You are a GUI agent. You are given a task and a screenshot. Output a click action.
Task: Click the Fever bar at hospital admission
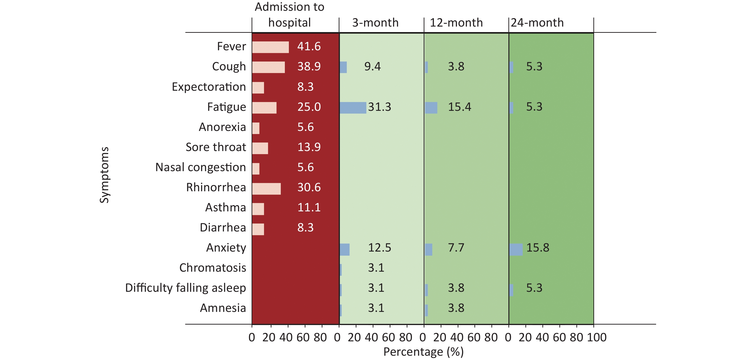click(x=270, y=47)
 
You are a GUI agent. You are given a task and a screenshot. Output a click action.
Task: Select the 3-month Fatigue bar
click(x=353, y=108)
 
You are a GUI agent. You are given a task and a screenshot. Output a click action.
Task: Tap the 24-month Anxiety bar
click(x=516, y=249)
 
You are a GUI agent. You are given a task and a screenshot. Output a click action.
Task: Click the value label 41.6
click(x=309, y=46)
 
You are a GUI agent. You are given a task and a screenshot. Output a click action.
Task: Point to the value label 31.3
click(x=379, y=107)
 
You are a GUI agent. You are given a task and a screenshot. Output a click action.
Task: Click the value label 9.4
click(x=372, y=67)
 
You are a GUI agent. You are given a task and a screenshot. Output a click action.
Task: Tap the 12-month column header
click(x=456, y=23)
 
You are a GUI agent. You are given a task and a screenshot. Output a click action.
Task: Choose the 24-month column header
click(x=537, y=23)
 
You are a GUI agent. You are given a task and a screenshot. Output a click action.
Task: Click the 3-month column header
click(x=375, y=23)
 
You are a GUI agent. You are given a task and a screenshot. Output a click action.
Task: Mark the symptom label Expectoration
click(x=209, y=87)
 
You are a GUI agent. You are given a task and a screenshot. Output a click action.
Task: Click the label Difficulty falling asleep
click(x=186, y=288)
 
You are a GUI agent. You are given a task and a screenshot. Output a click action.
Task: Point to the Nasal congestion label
click(x=201, y=167)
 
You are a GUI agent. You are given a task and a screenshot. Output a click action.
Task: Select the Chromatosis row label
click(x=213, y=268)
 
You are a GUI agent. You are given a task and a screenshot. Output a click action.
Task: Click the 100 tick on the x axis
click(x=596, y=337)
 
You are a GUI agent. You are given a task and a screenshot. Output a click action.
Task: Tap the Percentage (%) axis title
click(x=423, y=352)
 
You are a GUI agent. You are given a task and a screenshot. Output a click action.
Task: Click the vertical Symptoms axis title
click(x=105, y=175)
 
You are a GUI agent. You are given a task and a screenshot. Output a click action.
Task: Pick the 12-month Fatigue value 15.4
click(x=460, y=107)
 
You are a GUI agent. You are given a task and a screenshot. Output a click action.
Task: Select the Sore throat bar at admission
click(x=260, y=148)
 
